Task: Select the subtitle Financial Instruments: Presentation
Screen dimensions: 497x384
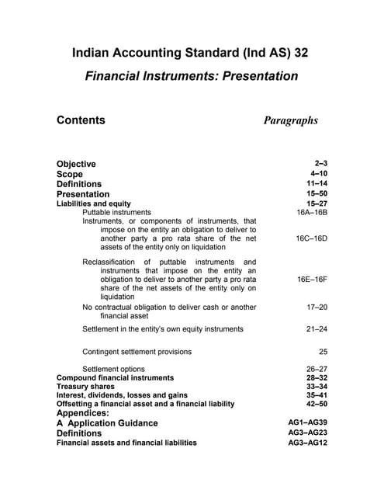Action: coord(190,76)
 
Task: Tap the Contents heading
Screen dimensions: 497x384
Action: coord(81,120)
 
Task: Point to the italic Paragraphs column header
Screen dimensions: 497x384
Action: coord(291,120)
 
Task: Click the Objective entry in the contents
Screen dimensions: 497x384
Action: coord(76,164)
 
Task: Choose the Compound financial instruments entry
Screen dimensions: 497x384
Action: coord(115,378)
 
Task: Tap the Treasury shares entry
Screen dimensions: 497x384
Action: coord(85,387)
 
